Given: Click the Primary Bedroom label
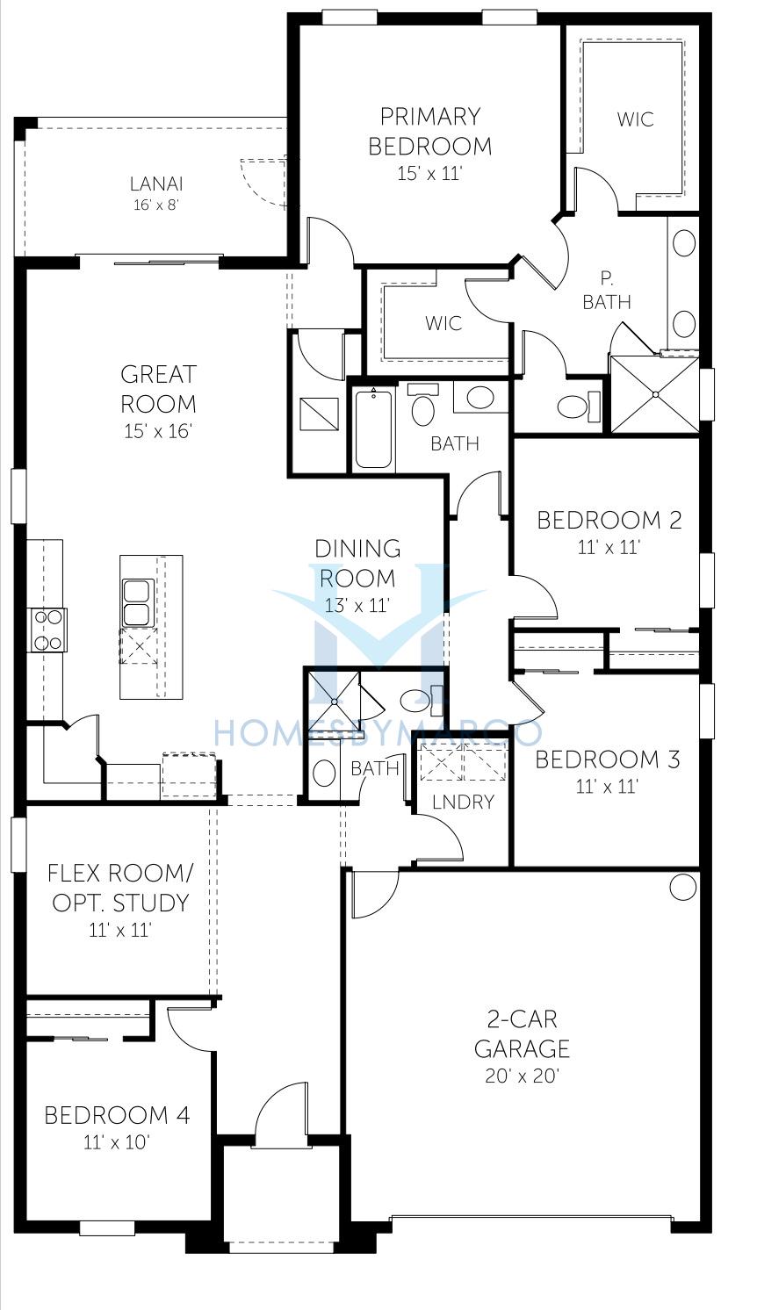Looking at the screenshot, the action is tap(430, 131).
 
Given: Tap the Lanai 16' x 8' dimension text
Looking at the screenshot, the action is tap(156, 205).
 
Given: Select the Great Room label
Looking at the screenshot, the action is tap(158, 389).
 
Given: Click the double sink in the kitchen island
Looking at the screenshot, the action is tap(138, 603).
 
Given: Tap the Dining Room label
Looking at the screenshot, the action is tap(357, 563).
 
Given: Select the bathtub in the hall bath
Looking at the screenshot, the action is tap(373, 428).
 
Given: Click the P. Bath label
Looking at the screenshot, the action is tap(607, 290).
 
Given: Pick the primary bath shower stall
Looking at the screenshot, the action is tap(654, 394).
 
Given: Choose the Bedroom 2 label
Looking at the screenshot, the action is tap(609, 520).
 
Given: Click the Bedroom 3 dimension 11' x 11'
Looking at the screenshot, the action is tap(606, 786).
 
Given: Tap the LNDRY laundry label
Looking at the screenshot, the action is tap(464, 802).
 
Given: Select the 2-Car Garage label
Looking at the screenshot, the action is tap(522, 1034).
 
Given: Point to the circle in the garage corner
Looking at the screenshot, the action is tap(681, 888).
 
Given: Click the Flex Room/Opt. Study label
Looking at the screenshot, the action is tap(120, 888).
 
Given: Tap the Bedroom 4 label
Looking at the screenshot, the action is tap(117, 1115).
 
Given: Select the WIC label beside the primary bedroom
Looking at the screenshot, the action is tap(635, 119).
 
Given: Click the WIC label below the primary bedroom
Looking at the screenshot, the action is tap(443, 323).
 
